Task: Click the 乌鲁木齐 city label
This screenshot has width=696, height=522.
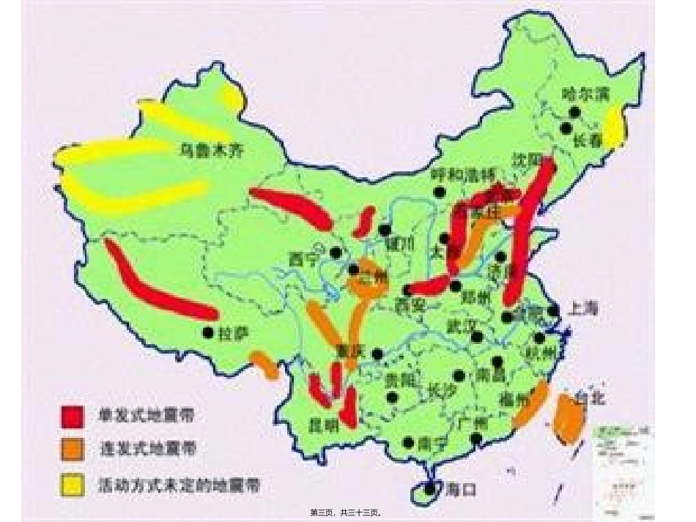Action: [x=210, y=152]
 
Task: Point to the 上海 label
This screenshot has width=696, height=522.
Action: [x=582, y=309]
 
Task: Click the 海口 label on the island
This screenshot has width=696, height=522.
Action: [x=459, y=490]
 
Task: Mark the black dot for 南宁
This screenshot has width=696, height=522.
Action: [x=408, y=443]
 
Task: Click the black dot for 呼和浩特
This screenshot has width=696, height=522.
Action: [x=439, y=192]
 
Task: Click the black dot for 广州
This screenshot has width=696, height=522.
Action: [x=477, y=439]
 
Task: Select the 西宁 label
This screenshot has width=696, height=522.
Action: [x=305, y=259]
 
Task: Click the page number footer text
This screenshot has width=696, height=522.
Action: [x=347, y=513]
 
